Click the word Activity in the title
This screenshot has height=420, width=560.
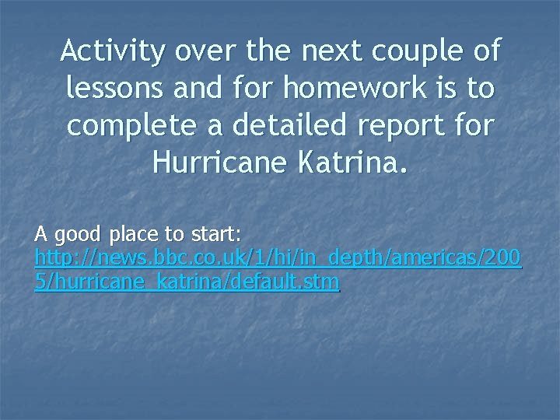click(113, 52)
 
